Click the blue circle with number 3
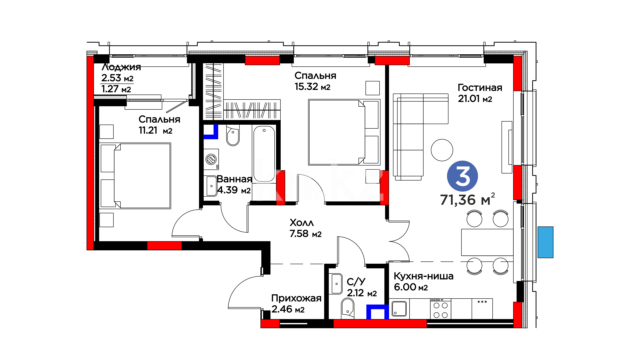(x=462, y=176)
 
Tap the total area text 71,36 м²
(x=467, y=199)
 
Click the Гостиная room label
(x=480, y=88)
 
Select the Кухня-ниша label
(x=423, y=276)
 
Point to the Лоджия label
(x=121, y=67)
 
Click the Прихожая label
(x=296, y=298)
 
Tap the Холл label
(x=302, y=223)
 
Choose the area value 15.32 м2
(x=312, y=87)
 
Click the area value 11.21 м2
(x=155, y=130)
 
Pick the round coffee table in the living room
(x=442, y=150)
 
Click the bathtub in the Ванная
(x=264, y=154)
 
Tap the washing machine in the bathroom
(x=211, y=159)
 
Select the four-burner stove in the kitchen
(x=440, y=309)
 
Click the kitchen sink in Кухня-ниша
(x=399, y=308)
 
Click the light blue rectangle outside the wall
(x=545, y=242)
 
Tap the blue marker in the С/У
(x=378, y=312)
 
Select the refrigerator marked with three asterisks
(x=482, y=309)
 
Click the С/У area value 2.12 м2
(x=362, y=293)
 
